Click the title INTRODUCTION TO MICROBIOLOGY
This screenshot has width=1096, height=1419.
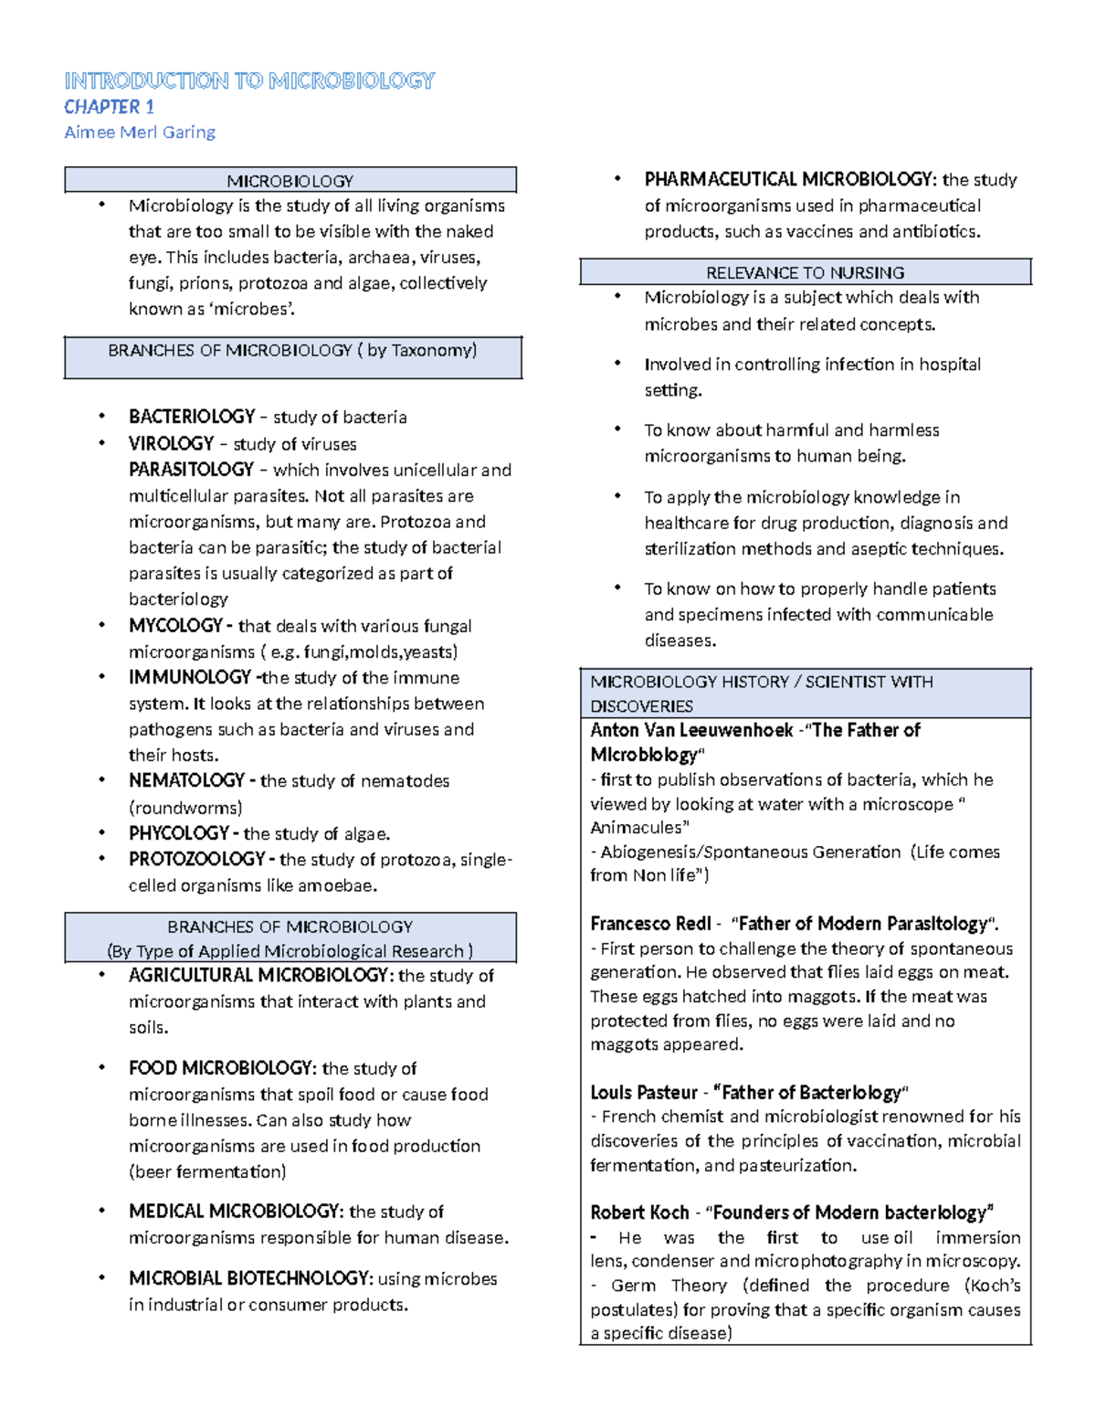pyautogui.click(x=249, y=81)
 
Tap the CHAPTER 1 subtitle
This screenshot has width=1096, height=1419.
pyautogui.click(x=109, y=107)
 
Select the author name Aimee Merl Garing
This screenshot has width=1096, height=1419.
pyautogui.click(x=140, y=132)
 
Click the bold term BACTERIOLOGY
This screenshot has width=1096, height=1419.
pyautogui.click(x=192, y=417)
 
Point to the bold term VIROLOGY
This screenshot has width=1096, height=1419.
pyautogui.click(x=171, y=444)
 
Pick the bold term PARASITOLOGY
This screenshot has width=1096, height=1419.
pyautogui.click(x=191, y=470)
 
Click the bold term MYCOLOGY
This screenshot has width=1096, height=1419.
pyautogui.click(x=175, y=626)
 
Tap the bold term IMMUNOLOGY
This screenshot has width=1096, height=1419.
pyautogui.click(x=189, y=677)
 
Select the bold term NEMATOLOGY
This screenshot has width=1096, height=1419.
pyautogui.click(x=186, y=780)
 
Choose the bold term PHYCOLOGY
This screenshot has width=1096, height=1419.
pyautogui.click(x=178, y=833)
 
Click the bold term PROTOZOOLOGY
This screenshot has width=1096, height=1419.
pyautogui.click(x=196, y=859)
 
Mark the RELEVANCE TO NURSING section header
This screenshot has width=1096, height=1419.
pyautogui.click(x=805, y=272)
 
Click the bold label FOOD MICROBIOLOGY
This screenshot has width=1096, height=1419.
pyautogui.click(x=221, y=1068)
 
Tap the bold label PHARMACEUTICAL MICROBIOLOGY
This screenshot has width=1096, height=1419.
pyautogui.click(x=788, y=179)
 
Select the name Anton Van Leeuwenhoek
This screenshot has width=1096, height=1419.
pyautogui.click(x=690, y=730)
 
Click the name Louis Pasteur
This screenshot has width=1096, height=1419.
pyautogui.click(x=644, y=1092)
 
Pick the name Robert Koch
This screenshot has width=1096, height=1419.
pyautogui.click(x=639, y=1213)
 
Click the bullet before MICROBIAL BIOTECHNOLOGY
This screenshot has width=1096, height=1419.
pyautogui.click(x=102, y=1277)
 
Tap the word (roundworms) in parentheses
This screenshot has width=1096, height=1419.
pyautogui.click(x=185, y=808)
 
